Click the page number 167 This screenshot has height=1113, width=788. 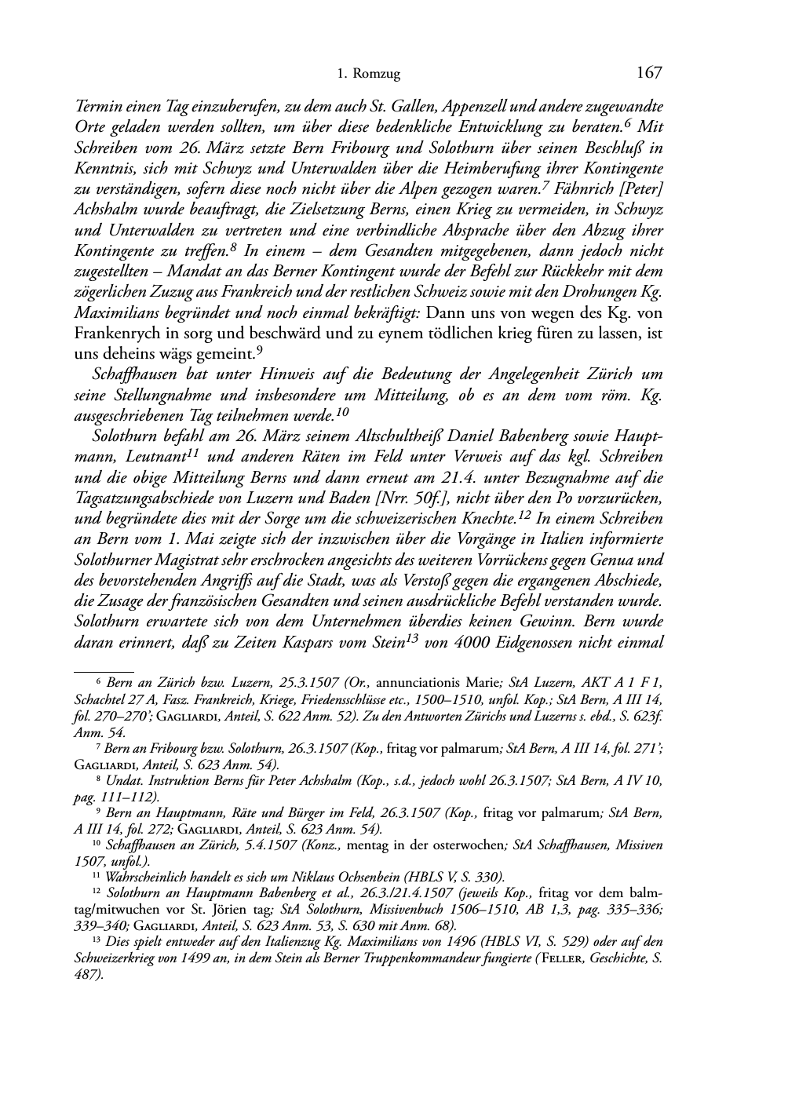pyautogui.click(x=649, y=73)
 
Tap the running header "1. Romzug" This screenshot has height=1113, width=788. pyautogui.click(x=368, y=75)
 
